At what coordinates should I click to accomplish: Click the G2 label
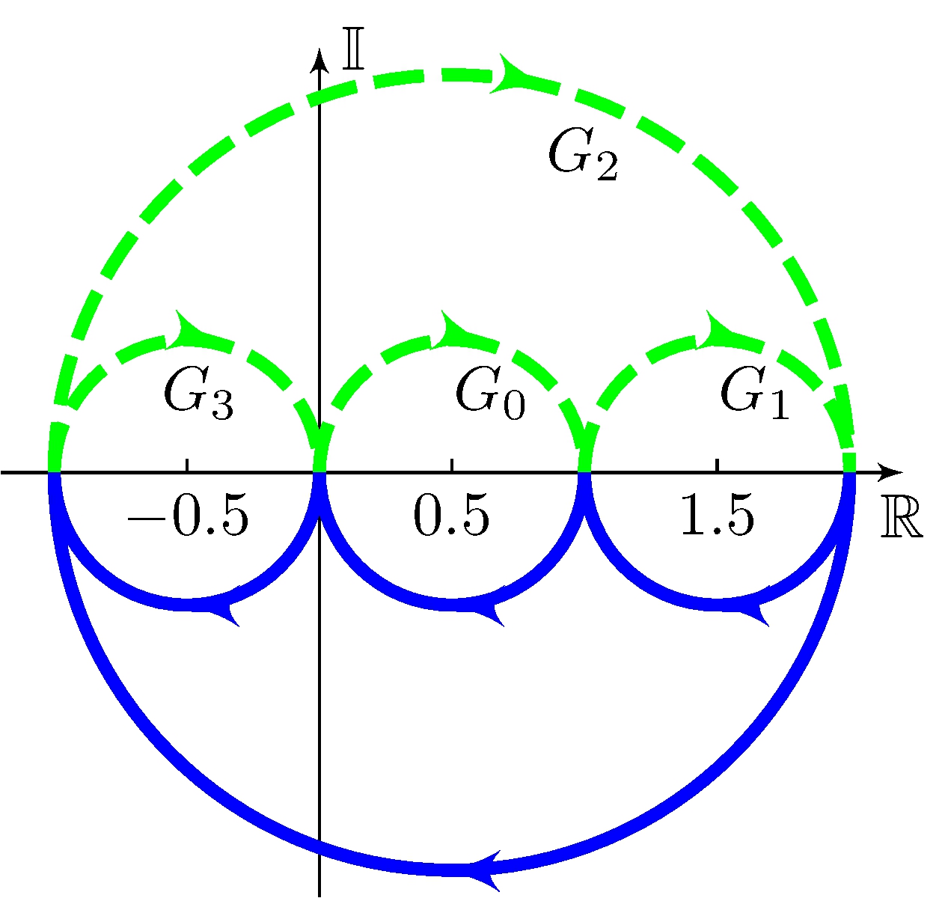click(x=584, y=155)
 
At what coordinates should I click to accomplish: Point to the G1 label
click(x=754, y=394)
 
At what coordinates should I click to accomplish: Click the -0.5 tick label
click(x=187, y=517)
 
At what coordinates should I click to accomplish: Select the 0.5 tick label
click(x=451, y=517)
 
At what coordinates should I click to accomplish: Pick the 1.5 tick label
click(x=717, y=517)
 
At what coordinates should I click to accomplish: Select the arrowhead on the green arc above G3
click(x=187, y=330)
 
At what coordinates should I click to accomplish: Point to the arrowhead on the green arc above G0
click(x=453, y=330)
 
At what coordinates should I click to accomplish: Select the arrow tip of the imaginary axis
click(x=320, y=57)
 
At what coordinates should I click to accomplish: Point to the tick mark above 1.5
click(x=717, y=465)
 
